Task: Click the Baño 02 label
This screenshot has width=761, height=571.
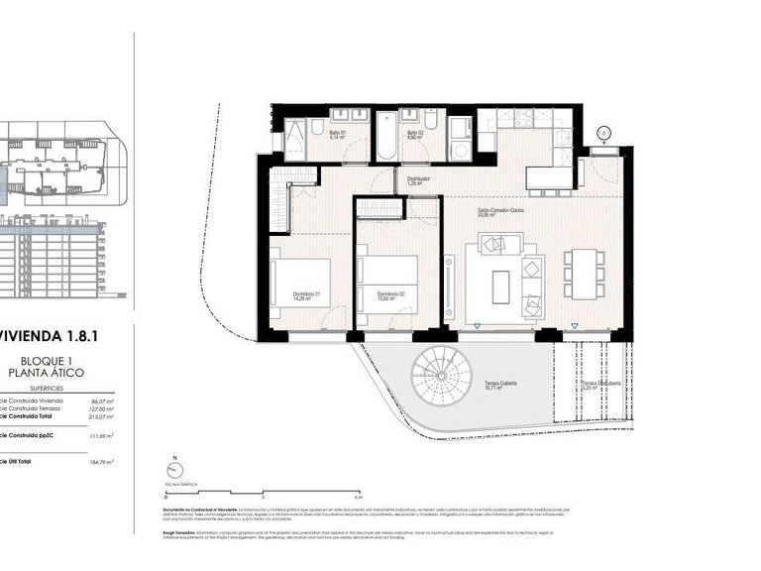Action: tap(415, 134)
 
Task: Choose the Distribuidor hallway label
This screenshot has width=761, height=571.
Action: tap(418, 181)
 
